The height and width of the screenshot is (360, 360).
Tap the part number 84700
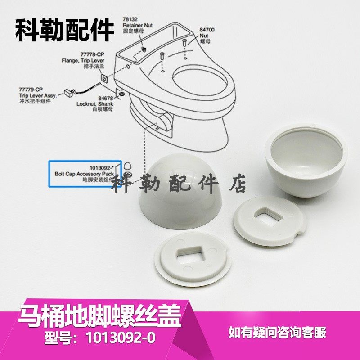[x=207, y=30]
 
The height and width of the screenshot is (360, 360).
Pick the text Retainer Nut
[x=135, y=26]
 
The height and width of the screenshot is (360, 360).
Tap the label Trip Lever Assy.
[x=36, y=95]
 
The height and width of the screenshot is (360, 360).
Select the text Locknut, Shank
[x=94, y=103]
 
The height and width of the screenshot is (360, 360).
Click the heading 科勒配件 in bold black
[x=65, y=30]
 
